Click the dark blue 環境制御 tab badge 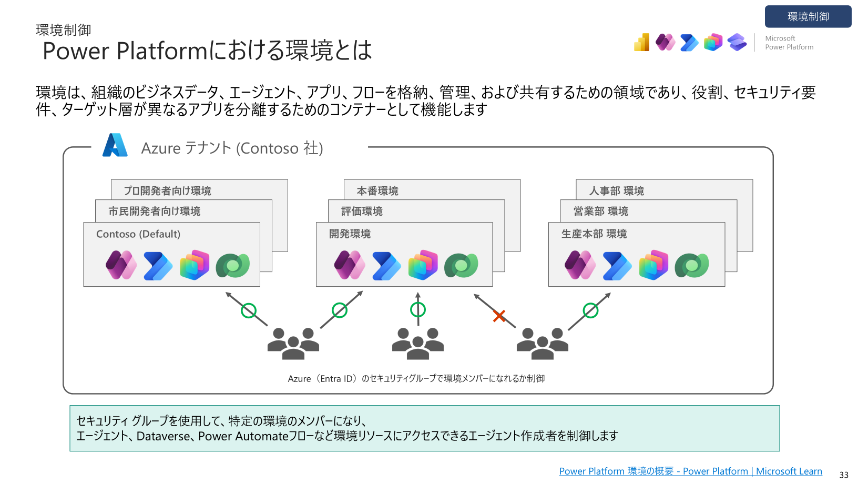(x=808, y=16)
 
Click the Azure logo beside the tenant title (x=115, y=145)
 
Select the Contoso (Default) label (x=138, y=234)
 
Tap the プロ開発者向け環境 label (x=167, y=190)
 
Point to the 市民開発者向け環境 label (x=155, y=211)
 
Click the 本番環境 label (x=377, y=190)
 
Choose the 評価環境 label (x=362, y=211)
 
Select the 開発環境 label (x=350, y=234)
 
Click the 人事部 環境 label (x=616, y=190)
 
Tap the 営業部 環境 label (x=600, y=211)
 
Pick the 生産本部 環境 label (x=594, y=234)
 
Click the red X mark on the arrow (x=499, y=316)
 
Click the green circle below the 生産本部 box (x=590, y=310)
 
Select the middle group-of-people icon (x=418, y=344)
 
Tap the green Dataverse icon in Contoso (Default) (x=233, y=265)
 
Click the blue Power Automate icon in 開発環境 (x=386, y=266)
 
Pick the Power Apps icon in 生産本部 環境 (x=580, y=265)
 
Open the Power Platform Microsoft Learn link (x=691, y=471)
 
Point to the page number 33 (x=844, y=475)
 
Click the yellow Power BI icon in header (x=641, y=42)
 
